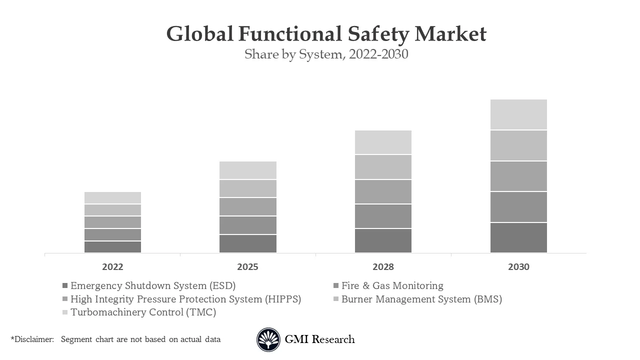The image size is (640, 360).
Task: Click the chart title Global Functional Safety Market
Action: pyautogui.click(x=326, y=34)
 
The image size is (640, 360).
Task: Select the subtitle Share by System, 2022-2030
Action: pyautogui.click(x=326, y=54)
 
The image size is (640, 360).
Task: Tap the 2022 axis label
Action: pyautogui.click(x=112, y=267)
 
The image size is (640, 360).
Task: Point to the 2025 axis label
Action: pyautogui.click(x=247, y=267)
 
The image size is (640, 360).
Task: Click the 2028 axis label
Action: pyautogui.click(x=383, y=267)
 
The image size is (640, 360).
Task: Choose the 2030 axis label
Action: pyautogui.click(x=518, y=267)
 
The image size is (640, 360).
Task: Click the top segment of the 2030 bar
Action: pyautogui.click(x=518, y=114)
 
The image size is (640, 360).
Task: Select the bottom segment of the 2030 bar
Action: pyautogui.click(x=518, y=238)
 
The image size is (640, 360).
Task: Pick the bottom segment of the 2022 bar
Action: pyautogui.click(x=112, y=247)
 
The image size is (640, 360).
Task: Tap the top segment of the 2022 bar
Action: pyautogui.click(x=112, y=197)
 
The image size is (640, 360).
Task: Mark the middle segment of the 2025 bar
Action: pyautogui.click(x=247, y=206)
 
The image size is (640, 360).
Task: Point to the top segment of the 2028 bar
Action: pyautogui.click(x=383, y=142)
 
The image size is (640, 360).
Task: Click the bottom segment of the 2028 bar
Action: pyautogui.click(x=383, y=240)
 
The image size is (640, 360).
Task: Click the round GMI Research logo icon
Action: pyautogui.click(x=268, y=340)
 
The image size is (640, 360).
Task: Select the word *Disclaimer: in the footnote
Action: pyautogui.click(x=32, y=339)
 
